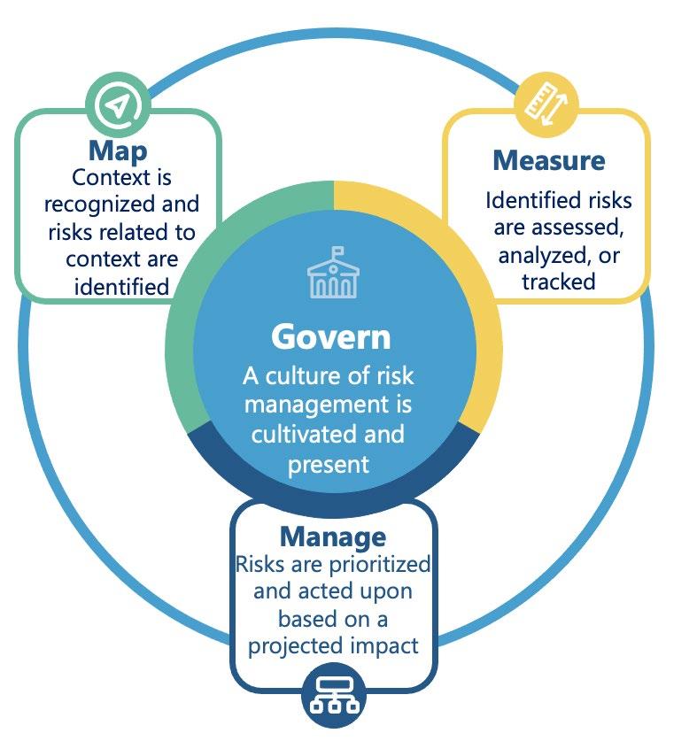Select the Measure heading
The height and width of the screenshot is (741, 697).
point(548,160)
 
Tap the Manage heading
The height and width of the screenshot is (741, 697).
point(333,536)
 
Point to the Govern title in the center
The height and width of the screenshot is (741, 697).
point(330,337)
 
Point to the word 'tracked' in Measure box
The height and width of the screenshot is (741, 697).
point(557,282)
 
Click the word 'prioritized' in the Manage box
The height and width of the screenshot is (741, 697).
point(381,564)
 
